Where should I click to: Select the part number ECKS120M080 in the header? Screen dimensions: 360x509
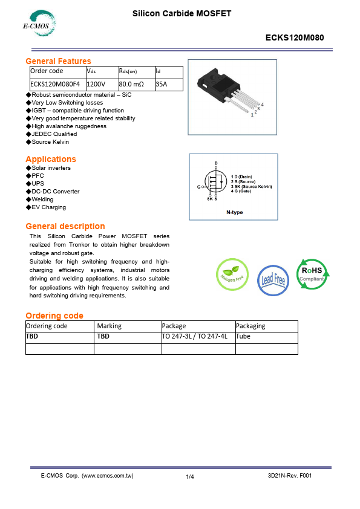tap(295, 37)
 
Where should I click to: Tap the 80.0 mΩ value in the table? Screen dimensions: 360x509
tap(131, 85)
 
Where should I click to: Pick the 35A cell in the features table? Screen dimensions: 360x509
tap(161, 85)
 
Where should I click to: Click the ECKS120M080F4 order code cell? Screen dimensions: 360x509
tap(54, 85)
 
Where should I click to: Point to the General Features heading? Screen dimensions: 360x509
tap(58, 61)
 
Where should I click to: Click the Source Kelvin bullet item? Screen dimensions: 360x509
tap(50, 142)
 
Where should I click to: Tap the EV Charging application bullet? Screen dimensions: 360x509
tap(49, 207)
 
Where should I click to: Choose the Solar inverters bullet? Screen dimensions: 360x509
tap(51, 168)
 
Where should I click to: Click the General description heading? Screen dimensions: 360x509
tap(65, 226)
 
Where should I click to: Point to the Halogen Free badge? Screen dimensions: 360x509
tap(232, 275)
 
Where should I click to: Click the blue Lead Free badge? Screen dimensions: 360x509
tap(273, 279)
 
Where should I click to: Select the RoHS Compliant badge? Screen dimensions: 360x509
tap(312, 273)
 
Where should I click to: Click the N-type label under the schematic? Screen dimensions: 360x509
tap(234, 212)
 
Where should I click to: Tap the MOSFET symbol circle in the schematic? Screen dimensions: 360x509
tap(215, 181)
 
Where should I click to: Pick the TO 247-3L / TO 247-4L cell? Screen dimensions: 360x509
tap(195, 337)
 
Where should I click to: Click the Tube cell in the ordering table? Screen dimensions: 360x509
tap(243, 337)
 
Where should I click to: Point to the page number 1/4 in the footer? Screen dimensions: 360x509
tap(190, 477)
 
